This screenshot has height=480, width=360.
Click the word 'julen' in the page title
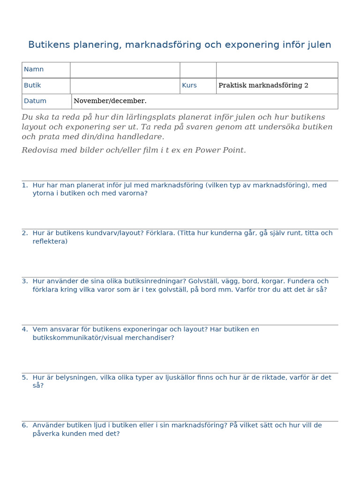[x=319, y=45]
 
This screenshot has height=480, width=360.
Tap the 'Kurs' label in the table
[x=189, y=85]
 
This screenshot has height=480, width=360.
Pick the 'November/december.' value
[x=110, y=101]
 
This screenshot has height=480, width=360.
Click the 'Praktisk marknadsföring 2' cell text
[x=263, y=85]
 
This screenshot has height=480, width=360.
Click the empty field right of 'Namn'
[x=125, y=70]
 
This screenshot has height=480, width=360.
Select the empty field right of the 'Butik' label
[x=125, y=86]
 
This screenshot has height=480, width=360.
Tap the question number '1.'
[x=25, y=185]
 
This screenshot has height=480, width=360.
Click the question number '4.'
[x=25, y=330]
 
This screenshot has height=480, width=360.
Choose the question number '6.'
[x=25, y=426]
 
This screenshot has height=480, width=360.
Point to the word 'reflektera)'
[x=50, y=241]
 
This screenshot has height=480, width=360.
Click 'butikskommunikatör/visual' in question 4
[x=76, y=337]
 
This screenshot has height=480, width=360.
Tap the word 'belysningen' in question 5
[x=77, y=377]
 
